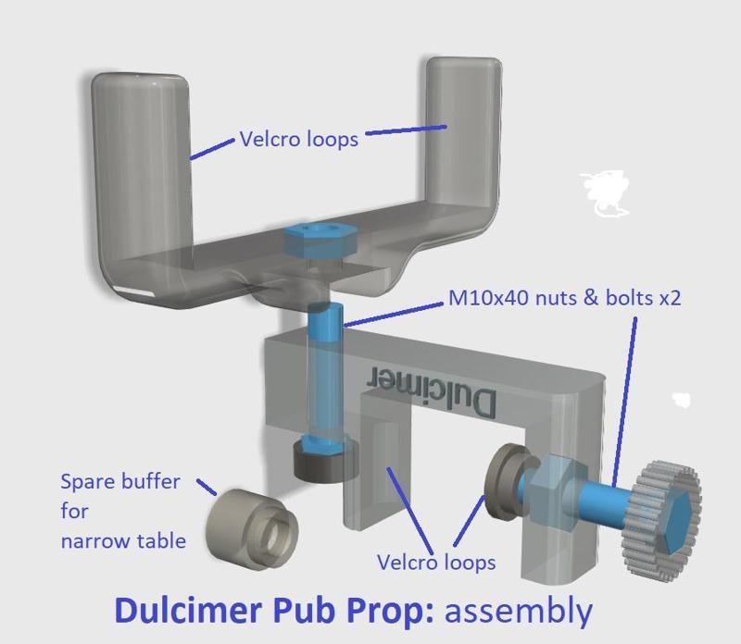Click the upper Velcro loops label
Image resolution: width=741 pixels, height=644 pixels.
click(298, 140)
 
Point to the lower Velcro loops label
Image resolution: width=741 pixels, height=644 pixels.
click(436, 562)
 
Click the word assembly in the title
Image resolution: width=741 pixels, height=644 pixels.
click(518, 611)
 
